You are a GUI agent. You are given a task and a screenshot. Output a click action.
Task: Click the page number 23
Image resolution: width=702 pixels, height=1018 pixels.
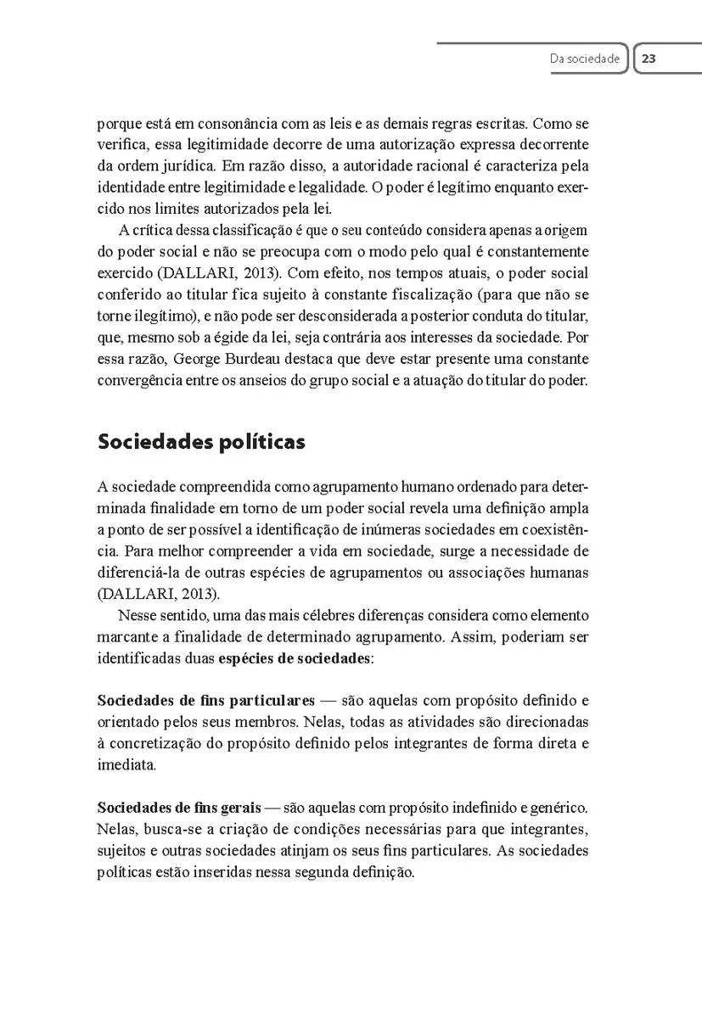[x=649, y=59]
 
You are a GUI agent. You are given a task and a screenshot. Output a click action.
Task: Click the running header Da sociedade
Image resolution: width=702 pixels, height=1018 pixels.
[x=585, y=59]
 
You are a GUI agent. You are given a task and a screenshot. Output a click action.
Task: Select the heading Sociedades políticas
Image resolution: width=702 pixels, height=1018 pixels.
[x=202, y=442]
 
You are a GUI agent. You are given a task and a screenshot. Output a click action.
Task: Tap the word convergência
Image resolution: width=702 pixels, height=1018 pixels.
[x=138, y=380]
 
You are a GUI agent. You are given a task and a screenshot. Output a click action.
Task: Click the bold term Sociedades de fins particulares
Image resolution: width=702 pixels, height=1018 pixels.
[x=206, y=701]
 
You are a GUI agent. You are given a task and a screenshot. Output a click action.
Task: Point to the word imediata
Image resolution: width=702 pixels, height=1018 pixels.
[x=126, y=764]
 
